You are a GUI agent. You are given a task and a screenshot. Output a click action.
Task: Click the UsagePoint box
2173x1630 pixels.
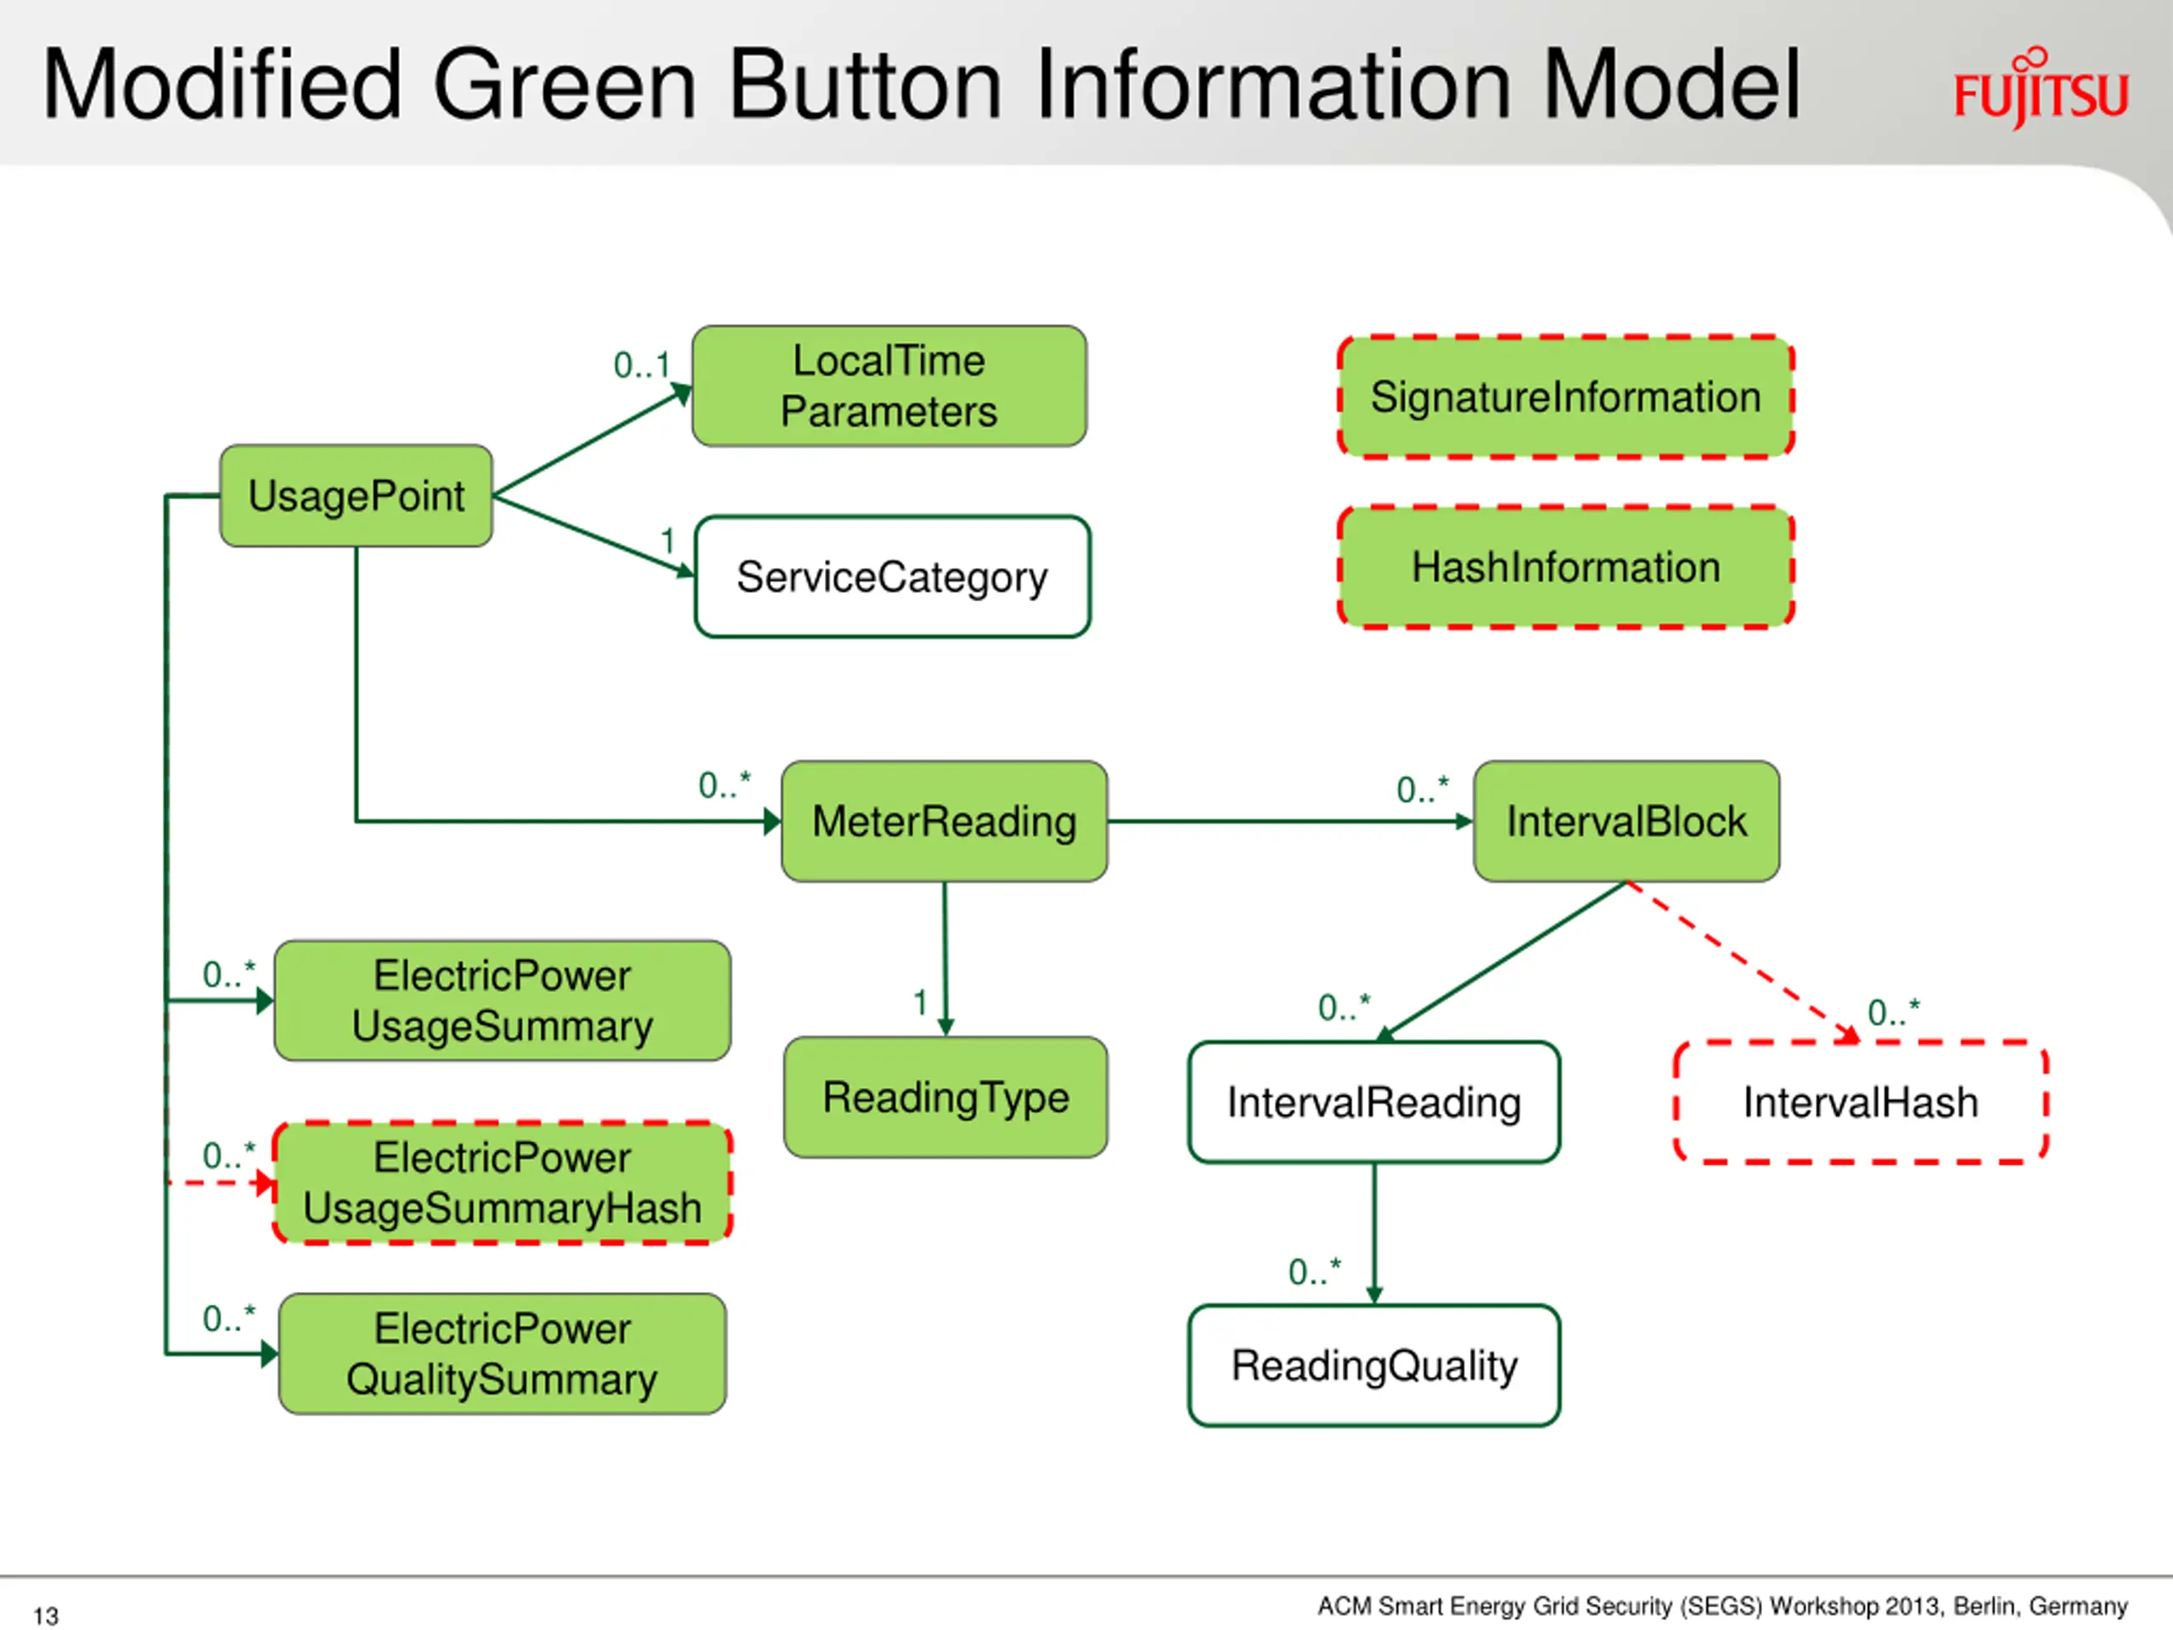(356, 495)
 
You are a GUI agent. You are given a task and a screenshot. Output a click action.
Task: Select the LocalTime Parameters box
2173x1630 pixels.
(889, 386)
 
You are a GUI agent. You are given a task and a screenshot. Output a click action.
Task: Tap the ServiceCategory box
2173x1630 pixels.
(892, 576)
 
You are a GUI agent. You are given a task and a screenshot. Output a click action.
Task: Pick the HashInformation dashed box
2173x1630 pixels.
(1566, 567)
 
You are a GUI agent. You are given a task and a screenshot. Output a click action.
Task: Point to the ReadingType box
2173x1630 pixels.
(945, 1098)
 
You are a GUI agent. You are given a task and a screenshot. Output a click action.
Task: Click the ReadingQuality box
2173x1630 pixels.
(1373, 1366)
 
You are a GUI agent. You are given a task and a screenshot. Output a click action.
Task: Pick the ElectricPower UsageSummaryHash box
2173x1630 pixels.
(502, 1183)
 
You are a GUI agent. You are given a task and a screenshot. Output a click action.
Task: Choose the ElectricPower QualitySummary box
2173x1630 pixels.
(502, 1354)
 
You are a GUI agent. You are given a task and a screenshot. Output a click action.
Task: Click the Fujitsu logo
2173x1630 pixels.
(2041, 88)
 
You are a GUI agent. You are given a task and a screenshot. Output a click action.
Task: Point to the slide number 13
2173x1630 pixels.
(45, 1616)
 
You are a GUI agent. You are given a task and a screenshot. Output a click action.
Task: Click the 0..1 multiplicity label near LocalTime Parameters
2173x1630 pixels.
(642, 366)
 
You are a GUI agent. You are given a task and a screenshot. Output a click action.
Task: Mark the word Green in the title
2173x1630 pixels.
(564, 86)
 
